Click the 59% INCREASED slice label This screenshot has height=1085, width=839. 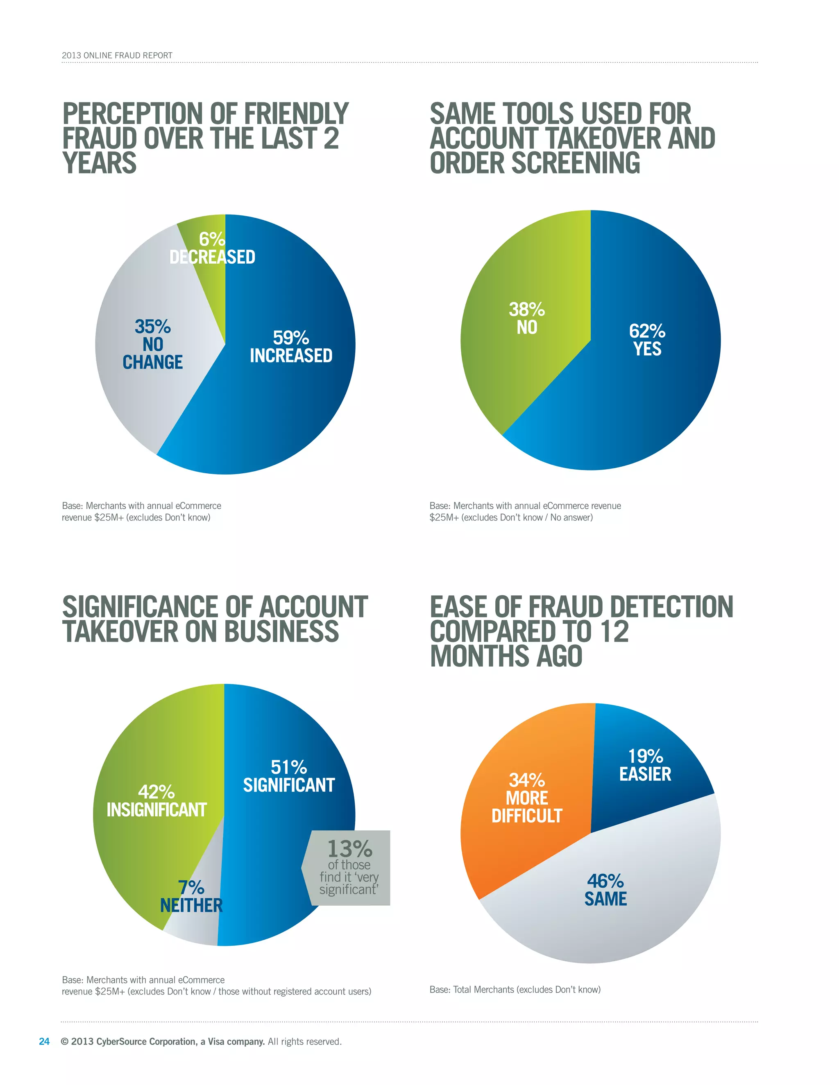[x=291, y=347]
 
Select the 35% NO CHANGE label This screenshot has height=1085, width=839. [x=152, y=344]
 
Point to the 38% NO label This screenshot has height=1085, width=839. [x=527, y=319]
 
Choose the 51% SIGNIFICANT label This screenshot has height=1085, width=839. [x=289, y=776]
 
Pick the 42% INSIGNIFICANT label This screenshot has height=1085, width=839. [x=156, y=801]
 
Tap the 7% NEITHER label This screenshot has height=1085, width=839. [x=191, y=896]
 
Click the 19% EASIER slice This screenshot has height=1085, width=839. [x=645, y=765]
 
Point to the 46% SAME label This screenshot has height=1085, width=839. [x=605, y=890]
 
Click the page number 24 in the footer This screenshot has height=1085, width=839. [x=44, y=1041]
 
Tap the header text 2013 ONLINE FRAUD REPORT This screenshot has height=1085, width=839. [x=117, y=56]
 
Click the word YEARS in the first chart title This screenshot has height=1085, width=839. [x=100, y=163]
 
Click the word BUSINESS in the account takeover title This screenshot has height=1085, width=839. [x=281, y=631]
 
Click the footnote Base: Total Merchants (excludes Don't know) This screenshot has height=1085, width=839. [x=515, y=989]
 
